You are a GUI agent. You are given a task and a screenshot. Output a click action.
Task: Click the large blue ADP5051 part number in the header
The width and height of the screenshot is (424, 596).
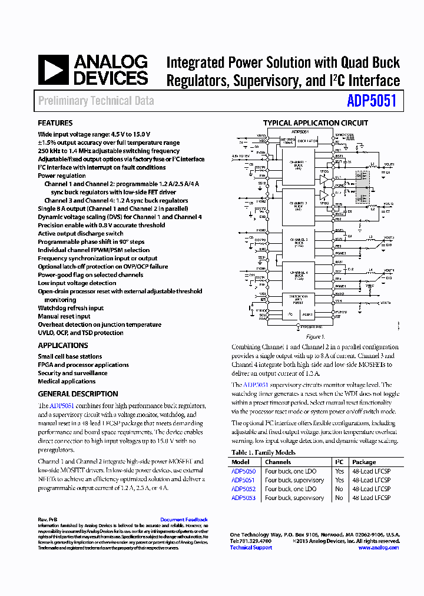coord(372,101)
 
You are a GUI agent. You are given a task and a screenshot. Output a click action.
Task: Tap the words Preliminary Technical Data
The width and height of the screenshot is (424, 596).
coord(96,101)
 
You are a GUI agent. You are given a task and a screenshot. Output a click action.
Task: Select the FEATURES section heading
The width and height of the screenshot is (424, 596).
coord(55,123)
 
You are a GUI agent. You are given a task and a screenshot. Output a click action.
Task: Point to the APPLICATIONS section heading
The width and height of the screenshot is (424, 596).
coord(63,346)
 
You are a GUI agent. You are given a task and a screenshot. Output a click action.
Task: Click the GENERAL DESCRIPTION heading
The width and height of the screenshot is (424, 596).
coord(78,394)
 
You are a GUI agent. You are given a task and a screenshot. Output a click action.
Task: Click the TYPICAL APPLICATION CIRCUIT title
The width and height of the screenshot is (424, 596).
coord(315,123)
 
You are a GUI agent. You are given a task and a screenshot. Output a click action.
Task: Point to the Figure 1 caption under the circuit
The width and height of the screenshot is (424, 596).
coord(314,337)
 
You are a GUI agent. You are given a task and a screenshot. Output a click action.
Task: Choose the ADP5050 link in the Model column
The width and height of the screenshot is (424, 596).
coord(243,471)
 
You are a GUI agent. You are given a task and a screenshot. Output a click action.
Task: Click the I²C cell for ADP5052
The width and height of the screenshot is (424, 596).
coord(339,489)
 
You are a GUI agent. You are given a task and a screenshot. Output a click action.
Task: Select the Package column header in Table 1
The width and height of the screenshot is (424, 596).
coord(363,462)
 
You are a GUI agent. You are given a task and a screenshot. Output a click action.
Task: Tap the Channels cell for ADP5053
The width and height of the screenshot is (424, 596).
coord(294,498)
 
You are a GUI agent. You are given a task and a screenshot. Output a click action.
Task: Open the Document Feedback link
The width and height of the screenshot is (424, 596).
coord(184,519)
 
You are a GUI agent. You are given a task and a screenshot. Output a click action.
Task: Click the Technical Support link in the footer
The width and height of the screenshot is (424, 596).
coord(251,547)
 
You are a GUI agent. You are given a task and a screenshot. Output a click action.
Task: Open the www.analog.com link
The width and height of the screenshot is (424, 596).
coord(378,547)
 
